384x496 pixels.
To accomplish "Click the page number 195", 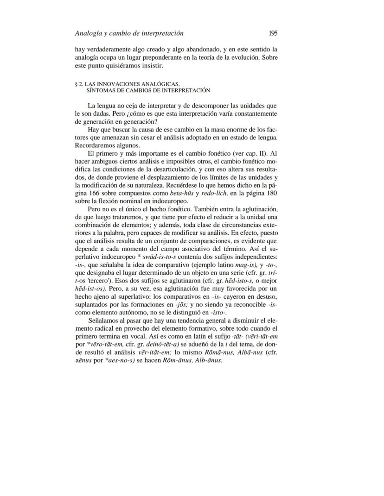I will pyautogui.click(x=273, y=33).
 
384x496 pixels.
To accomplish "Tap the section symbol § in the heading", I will pyautogui.click(x=76, y=84).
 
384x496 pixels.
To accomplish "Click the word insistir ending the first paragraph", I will pyautogui.click(x=152, y=65).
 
